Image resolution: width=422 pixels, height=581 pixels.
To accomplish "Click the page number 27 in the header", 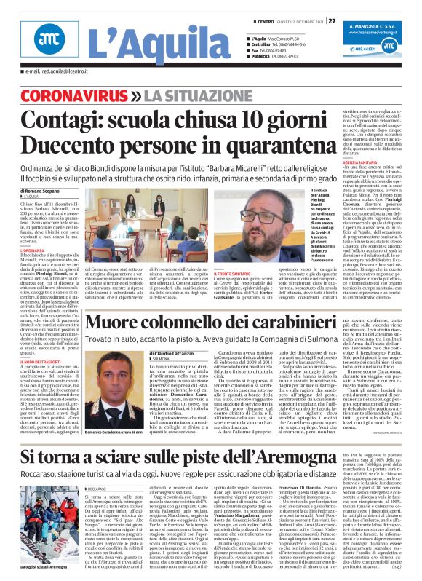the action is click(x=332, y=20).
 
